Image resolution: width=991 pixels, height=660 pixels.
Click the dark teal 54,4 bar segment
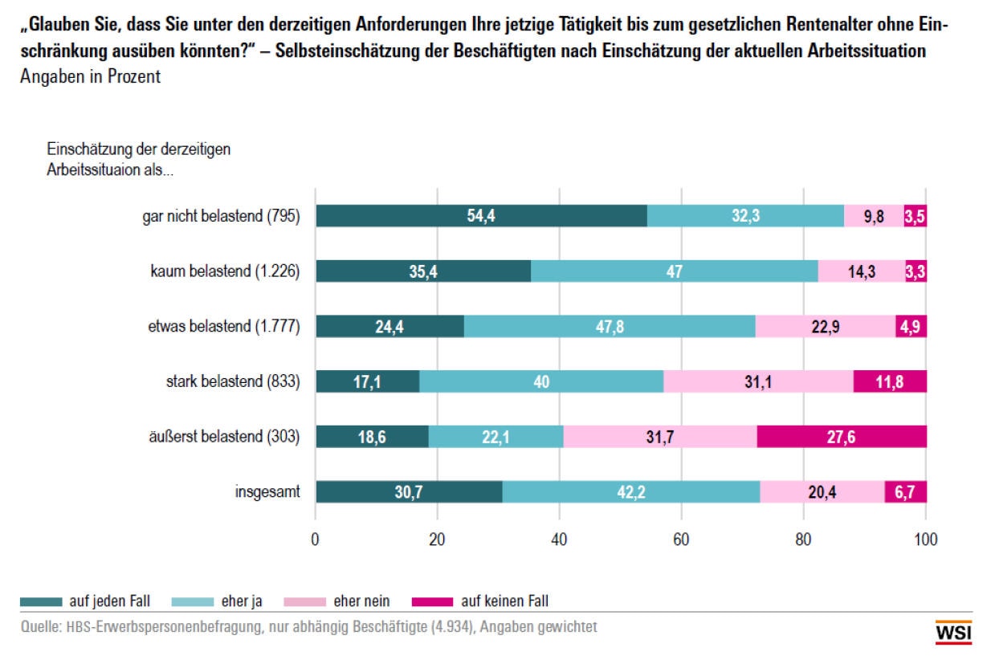click(481, 216)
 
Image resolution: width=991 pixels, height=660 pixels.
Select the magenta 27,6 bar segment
click(841, 437)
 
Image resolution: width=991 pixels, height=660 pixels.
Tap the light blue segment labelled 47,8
click(610, 327)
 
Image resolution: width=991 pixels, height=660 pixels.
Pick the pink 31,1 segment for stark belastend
click(758, 382)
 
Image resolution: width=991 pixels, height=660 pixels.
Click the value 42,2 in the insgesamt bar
click(631, 492)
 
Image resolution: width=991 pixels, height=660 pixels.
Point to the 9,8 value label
click(874, 216)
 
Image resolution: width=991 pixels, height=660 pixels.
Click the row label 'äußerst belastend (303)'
click(223, 437)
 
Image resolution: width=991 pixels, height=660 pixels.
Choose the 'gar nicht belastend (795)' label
click(217, 216)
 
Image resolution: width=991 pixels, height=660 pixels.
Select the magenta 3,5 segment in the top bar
click(915, 216)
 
